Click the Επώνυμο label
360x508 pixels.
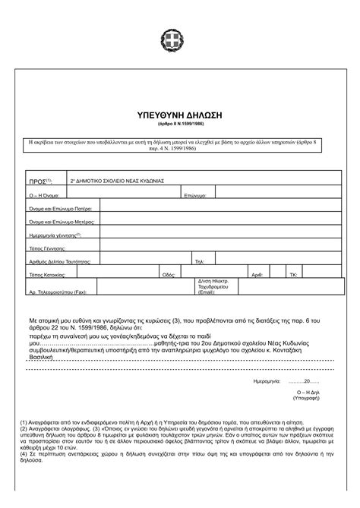click(x=195, y=196)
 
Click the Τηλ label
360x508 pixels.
click(x=200, y=260)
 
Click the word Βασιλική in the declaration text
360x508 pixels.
click(x=42, y=355)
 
